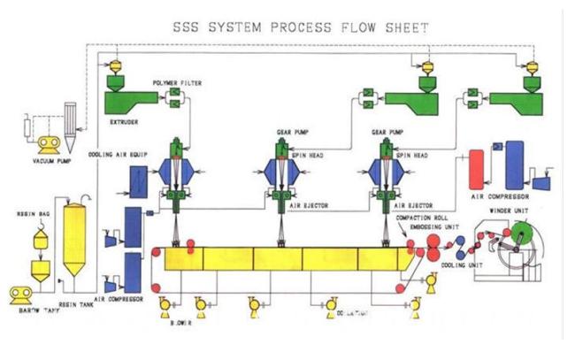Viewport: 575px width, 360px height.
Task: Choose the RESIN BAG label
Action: (x=32, y=213)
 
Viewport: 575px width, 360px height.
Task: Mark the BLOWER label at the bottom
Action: (x=180, y=324)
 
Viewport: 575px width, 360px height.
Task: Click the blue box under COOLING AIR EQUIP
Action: (x=139, y=180)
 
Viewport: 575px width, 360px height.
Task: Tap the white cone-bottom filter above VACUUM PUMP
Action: (x=71, y=123)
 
